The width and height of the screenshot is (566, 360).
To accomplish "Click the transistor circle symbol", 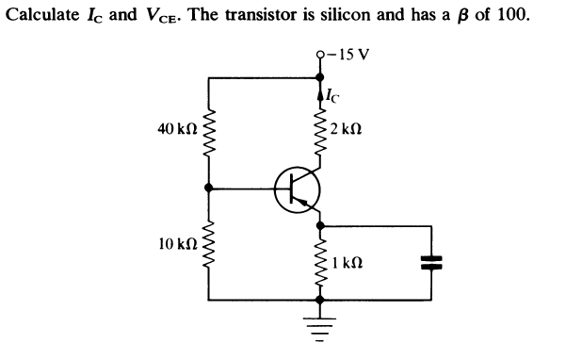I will pyautogui.click(x=298, y=190).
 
